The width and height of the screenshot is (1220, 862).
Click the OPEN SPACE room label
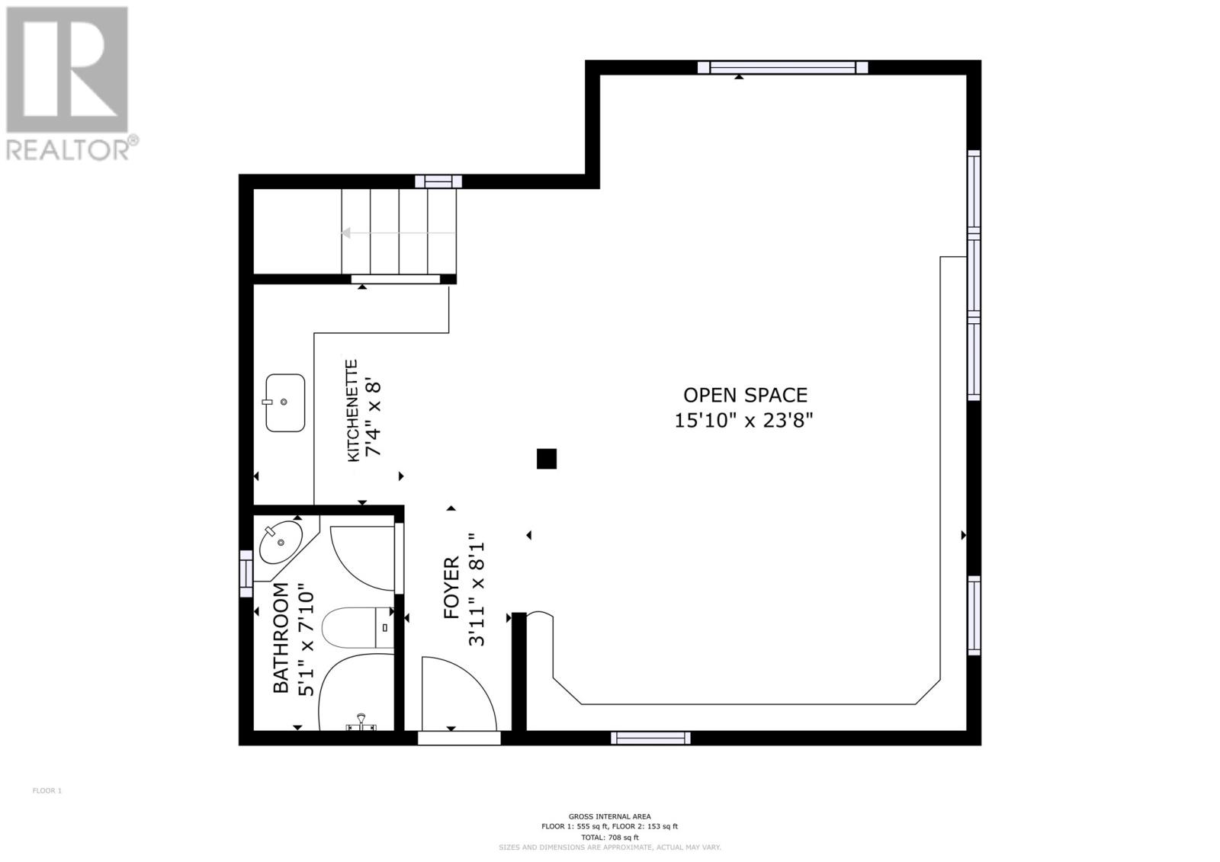click(x=744, y=395)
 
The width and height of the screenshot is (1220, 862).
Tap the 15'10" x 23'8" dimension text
click(x=744, y=420)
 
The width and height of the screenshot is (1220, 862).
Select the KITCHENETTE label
click(x=352, y=411)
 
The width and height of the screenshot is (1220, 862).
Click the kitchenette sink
click(x=285, y=402)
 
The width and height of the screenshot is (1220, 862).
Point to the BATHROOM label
click(x=281, y=638)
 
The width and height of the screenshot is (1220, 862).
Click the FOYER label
click(x=451, y=588)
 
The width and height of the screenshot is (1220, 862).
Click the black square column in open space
click(x=547, y=459)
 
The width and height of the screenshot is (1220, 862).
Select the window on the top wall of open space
click(x=782, y=68)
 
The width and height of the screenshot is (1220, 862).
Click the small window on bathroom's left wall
click(x=246, y=574)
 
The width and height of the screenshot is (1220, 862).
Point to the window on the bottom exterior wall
click(x=650, y=738)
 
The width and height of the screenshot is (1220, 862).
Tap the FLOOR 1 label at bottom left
click(x=47, y=790)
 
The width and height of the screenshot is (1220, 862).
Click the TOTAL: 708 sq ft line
click(x=609, y=837)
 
